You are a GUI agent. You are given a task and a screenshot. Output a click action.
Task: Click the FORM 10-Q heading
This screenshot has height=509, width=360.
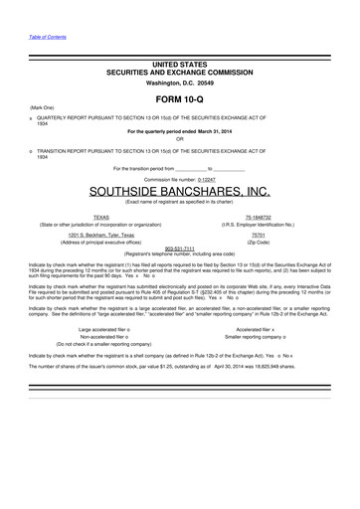180,100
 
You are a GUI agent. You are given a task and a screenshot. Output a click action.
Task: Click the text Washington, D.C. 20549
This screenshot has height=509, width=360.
180,82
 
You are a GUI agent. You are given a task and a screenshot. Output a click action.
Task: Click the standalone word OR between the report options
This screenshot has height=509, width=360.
180,137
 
